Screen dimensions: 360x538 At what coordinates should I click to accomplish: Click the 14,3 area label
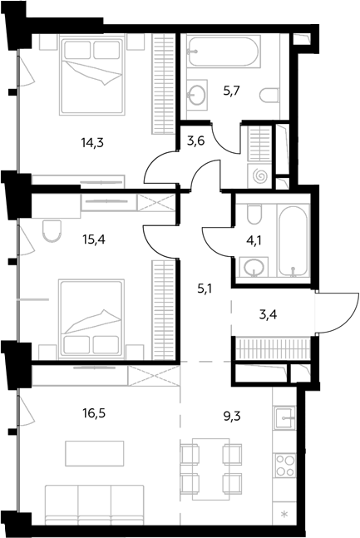pos(92,142)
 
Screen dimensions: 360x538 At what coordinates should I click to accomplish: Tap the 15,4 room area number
pos(94,239)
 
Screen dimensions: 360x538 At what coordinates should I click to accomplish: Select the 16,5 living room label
pos(94,413)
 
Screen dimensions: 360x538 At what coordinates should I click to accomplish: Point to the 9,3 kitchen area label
pos(232,417)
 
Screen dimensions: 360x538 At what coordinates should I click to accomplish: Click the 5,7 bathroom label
pos(231,91)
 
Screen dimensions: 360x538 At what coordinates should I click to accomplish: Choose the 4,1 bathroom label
pos(254,240)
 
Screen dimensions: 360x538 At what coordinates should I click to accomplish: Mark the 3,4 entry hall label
pos(268,314)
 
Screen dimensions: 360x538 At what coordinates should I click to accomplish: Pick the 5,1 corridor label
pos(205,289)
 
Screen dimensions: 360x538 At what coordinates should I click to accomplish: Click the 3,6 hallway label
pos(196,141)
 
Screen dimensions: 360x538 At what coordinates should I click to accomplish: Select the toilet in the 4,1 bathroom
pos(254,213)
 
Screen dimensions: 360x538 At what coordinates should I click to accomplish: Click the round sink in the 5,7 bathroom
pos(197,94)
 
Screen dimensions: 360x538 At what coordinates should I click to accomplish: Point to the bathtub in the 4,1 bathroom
pos(293,241)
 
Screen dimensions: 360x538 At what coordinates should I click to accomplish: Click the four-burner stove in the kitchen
pos(284,465)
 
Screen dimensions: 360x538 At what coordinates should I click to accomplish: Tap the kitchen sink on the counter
pos(284,417)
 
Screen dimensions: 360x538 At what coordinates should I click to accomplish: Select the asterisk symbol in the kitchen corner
pos(284,514)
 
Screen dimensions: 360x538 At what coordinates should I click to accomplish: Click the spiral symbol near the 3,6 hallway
pos(259,176)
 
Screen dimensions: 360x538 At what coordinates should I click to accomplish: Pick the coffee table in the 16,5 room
pos(95,453)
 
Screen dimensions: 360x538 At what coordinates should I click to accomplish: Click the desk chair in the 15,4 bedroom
pos(52,231)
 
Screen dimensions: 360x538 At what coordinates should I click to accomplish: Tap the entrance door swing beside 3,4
pos(338,313)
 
